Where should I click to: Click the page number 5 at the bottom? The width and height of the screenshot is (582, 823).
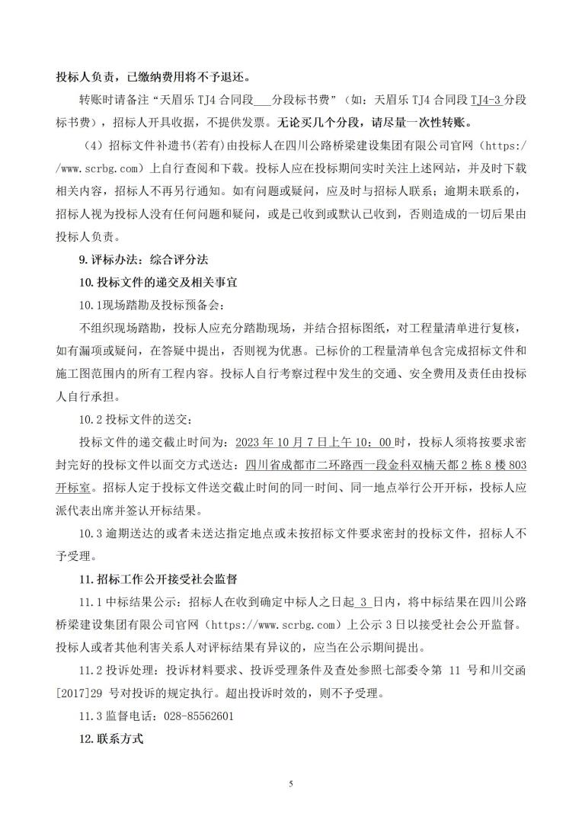click(x=291, y=783)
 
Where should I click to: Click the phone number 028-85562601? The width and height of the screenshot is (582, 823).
click(x=195, y=716)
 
